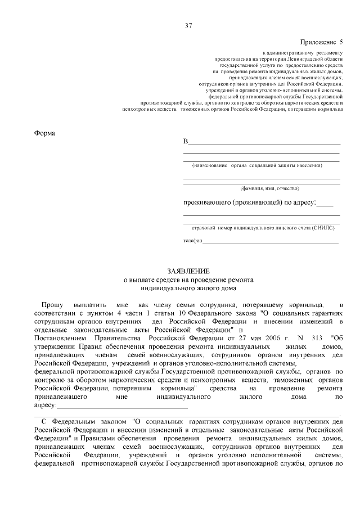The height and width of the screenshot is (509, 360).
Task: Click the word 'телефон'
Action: pyautogui.click(x=192, y=241)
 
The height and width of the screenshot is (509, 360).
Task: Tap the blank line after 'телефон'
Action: pyautogui.click(x=271, y=241)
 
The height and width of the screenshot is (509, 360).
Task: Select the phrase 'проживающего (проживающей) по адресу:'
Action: pyautogui.click(x=250, y=202)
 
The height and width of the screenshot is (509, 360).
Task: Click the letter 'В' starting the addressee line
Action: pyautogui.click(x=186, y=141)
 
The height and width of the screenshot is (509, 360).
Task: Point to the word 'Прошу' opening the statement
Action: pyautogui.click(x=52, y=304)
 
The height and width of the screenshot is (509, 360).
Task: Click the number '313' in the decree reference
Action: pyautogui.click(x=318, y=339)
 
